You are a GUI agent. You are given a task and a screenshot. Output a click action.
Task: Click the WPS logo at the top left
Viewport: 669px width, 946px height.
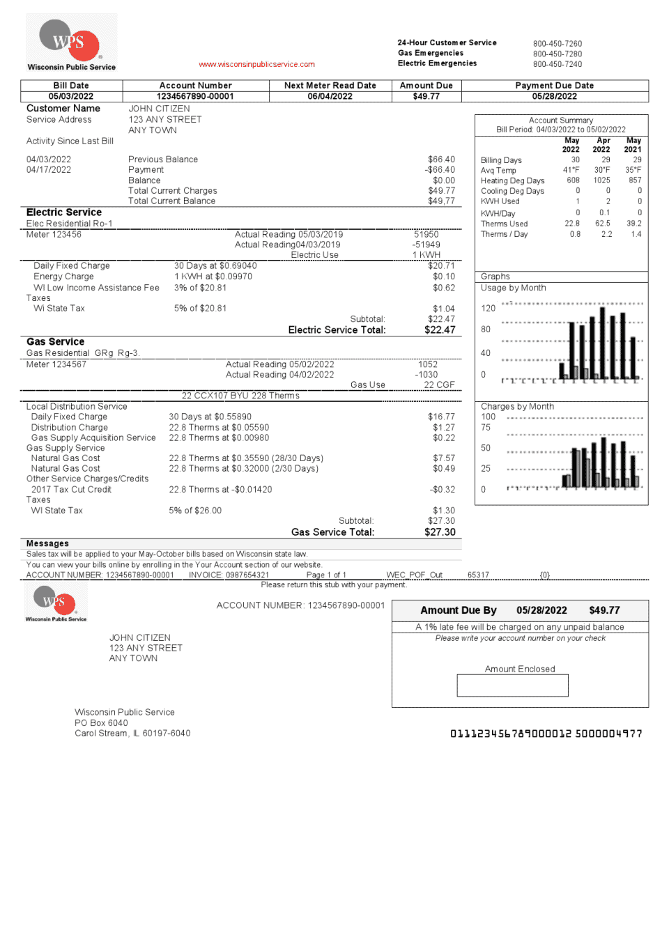(x=70, y=42)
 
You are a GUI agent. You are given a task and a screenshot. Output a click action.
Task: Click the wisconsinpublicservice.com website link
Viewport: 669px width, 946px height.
(x=256, y=65)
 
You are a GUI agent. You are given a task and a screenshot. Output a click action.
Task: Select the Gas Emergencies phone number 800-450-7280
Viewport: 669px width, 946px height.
(x=557, y=54)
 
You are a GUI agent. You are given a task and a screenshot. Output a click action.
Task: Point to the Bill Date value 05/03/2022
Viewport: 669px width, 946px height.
(x=71, y=96)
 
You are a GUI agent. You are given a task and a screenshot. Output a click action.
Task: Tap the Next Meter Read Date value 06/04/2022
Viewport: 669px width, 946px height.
(x=330, y=96)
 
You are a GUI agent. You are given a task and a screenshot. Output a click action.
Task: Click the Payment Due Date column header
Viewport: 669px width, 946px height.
(x=554, y=86)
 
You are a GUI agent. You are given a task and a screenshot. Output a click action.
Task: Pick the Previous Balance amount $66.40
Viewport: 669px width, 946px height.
(x=441, y=160)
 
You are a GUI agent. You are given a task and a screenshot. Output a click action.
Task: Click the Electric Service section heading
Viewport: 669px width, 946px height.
(x=64, y=212)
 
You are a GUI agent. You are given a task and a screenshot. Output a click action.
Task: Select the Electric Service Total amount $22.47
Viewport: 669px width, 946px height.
(x=440, y=330)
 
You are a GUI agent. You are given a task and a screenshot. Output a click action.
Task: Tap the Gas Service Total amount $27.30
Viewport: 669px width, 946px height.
(x=440, y=532)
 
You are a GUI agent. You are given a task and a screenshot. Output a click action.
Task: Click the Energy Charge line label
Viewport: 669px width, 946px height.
(x=63, y=277)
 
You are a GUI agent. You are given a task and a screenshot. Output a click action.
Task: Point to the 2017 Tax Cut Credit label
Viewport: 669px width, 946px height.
(x=71, y=490)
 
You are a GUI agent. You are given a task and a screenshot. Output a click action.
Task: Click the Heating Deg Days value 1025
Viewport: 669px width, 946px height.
(x=601, y=180)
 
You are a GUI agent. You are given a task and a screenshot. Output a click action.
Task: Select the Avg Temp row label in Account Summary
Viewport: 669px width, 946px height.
(x=498, y=171)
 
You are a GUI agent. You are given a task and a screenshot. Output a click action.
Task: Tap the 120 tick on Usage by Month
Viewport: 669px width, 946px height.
(x=489, y=308)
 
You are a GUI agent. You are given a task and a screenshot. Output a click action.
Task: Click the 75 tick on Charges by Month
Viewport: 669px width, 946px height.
(x=486, y=428)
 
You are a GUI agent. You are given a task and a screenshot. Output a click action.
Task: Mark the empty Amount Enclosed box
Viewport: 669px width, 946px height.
(x=512, y=685)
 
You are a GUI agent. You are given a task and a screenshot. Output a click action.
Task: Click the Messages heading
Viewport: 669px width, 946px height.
(x=47, y=543)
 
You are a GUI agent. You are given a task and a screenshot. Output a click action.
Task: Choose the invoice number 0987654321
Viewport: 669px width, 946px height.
(x=247, y=575)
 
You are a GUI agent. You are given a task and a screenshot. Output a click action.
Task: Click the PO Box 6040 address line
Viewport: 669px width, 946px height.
(x=101, y=723)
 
